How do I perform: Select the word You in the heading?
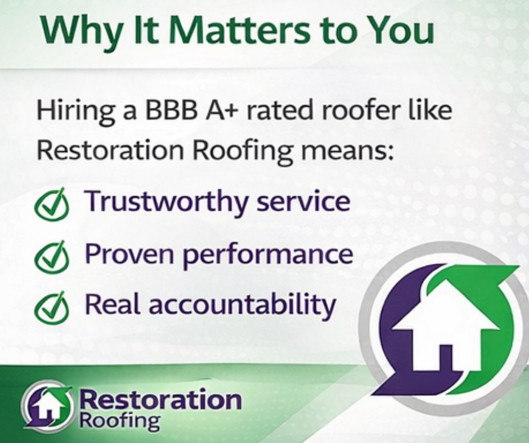click(400, 30)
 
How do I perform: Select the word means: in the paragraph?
click(348, 151)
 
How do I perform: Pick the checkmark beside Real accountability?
click(52, 307)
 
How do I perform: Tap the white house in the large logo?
click(445, 324)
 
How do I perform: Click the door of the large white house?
click(446, 356)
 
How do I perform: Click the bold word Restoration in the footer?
click(160, 400)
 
